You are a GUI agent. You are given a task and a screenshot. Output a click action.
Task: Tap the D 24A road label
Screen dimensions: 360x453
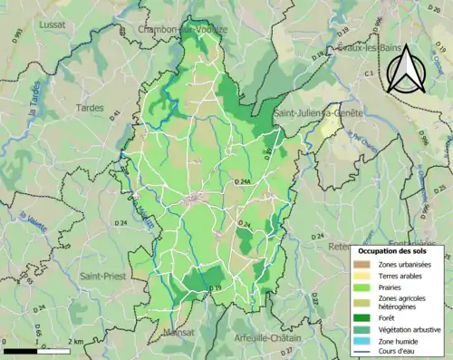click(242, 183)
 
